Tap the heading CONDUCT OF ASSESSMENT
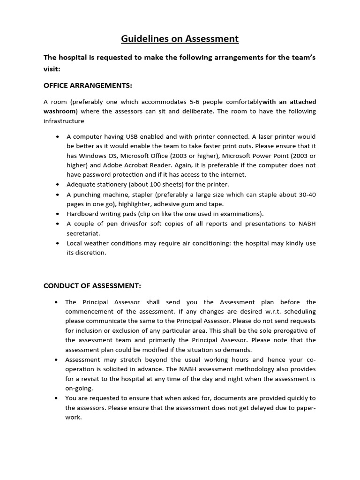pos(92,286)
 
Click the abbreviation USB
pos(132,137)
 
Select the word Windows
pos(92,156)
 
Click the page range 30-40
pos(306,194)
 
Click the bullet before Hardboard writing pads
pos(57,214)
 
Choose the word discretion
pos(93,253)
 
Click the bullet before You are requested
pos(56,398)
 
